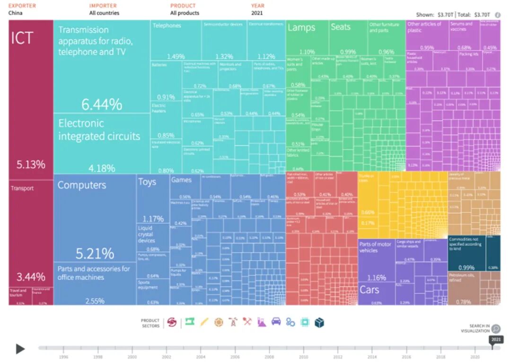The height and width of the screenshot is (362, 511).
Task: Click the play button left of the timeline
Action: coord(20,349)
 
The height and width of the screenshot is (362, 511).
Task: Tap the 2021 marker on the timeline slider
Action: coord(496,340)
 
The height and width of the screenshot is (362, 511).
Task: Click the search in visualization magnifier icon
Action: coord(496,329)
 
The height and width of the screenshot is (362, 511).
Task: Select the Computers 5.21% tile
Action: coord(95,217)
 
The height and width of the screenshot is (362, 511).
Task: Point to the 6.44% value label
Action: coord(102,104)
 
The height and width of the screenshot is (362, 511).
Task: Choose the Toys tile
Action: coord(153,198)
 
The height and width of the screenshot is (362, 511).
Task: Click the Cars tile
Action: coord(376,293)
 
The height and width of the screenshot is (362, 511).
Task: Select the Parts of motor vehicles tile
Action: coord(376,260)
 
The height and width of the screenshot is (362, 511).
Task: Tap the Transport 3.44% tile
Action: coord(31,232)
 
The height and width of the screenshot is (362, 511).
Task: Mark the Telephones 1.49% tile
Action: coord(176,40)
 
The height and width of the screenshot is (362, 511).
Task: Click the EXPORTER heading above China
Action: coord(22,6)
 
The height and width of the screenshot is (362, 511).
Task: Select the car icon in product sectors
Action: coord(276,322)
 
